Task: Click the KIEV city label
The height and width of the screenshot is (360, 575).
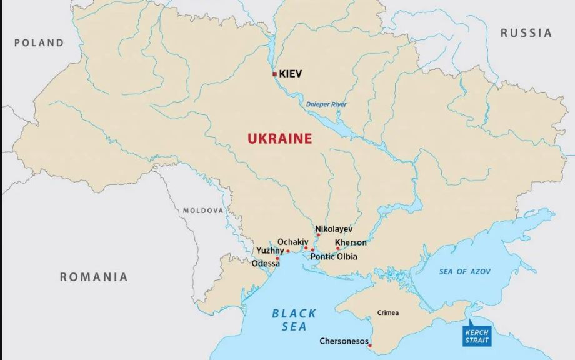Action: pyautogui.click(x=291, y=74)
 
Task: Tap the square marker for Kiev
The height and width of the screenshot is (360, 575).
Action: pyautogui.click(x=274, y=74)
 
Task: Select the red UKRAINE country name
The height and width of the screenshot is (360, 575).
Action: pyautogui.click(x=279, y=139)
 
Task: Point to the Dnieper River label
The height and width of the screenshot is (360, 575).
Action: pyautogui.click(x=326, y=104)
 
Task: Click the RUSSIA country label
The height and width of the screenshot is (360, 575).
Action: pyautogui.click(x=526, y=33)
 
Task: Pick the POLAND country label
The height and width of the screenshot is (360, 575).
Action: pyautogui.click(x=39, y=43)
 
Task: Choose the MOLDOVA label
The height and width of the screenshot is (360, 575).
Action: pyautogui.click(x=202, y=211)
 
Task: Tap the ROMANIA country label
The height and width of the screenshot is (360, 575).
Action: pyautogui.click(x=94, y=277)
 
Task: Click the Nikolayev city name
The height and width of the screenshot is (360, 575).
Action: pyautogui.click(x=334, y=229)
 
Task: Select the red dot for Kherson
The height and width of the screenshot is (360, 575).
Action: pyautogui.click(x=338, y=249)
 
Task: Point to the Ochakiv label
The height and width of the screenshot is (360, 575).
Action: pyautogui.click(x=292, y=241)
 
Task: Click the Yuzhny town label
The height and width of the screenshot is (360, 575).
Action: pyautogui.click(x=270, y=251)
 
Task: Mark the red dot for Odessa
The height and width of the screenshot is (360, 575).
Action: pyautogui.click(x=278, y=258)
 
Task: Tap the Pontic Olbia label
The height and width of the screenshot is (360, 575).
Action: pyautogui.click(x=334, y=256)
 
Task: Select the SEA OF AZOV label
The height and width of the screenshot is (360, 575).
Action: pyautogui.click(x=464, y=271)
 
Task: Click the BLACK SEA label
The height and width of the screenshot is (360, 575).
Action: pyautogui.click(x=294, y=319)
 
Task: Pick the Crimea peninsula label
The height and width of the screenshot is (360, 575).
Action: pyautogui.click(x=387, y=312)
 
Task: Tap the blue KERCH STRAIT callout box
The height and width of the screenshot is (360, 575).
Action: pyautogui.click(x=476, y=336)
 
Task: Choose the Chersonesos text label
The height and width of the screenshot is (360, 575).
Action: pyautogui.click(x=344, y=341)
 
